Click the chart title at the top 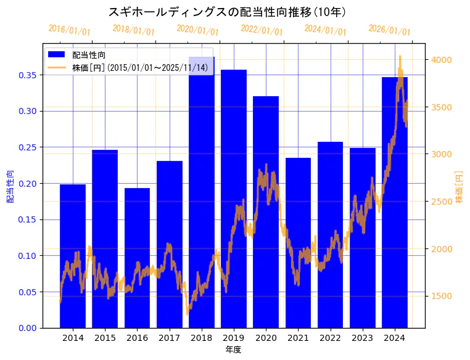(x=227, y=12)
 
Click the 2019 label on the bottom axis (x=234, y=338)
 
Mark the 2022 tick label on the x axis (x=330, y=338)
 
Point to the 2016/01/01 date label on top (x=69, y=30)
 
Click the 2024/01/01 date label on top (x=325, y=30)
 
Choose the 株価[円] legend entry (x=139, y=67)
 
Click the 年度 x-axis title (x=233, y=350)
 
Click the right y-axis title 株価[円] (x=459, y=187)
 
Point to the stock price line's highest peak (x=400, y=56)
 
